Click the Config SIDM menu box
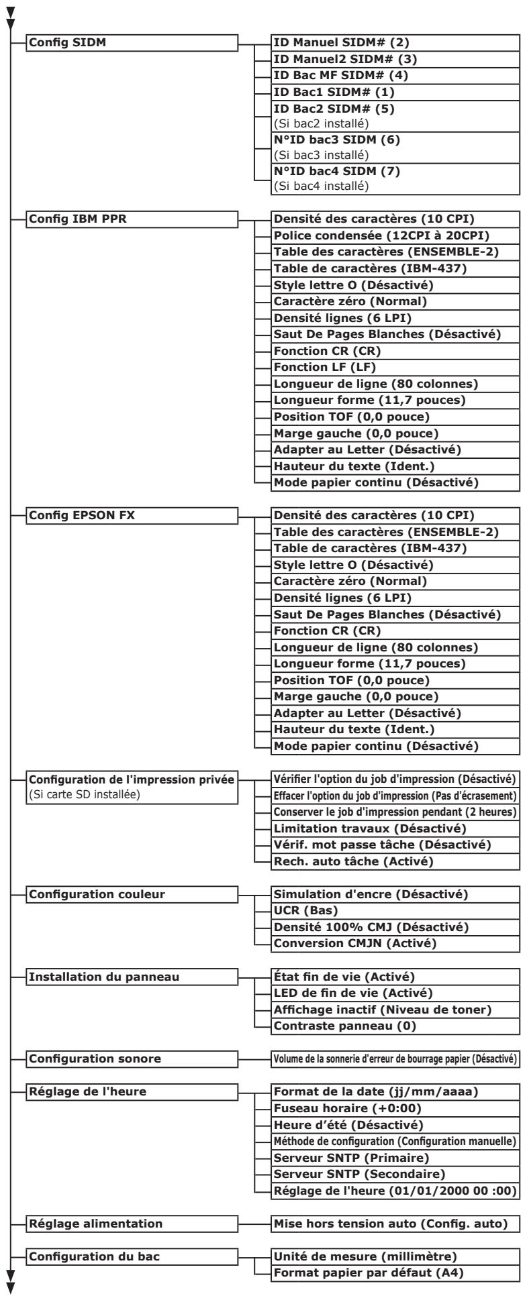tap(132, 44)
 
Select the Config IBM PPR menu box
tap(132, 219)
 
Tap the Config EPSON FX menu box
tap(132, 516)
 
